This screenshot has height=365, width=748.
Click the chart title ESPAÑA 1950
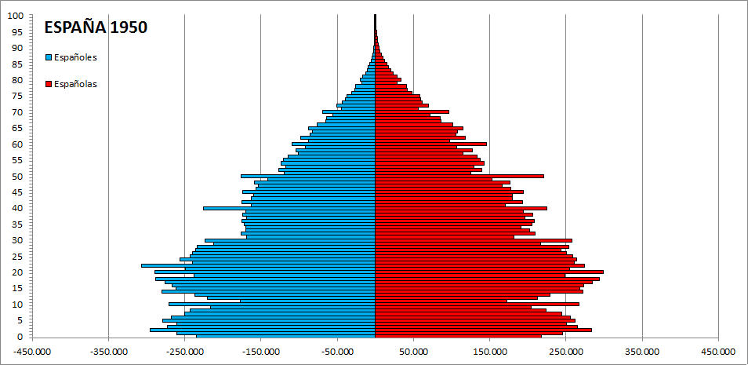click(96, 27)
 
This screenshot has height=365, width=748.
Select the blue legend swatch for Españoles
click(49, 57)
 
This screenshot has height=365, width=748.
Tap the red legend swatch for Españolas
click(49, 84)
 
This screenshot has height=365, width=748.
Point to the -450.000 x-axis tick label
click(31, 352)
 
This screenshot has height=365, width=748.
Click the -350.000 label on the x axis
click(108, 352)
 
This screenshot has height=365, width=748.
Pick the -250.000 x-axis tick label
click(184, 352)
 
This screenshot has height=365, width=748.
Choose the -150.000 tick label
click(261, 352)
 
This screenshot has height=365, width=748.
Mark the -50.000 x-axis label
click(337, 352)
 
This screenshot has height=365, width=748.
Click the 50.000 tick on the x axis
click(413, 352)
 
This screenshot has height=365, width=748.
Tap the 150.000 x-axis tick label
click(489, 352)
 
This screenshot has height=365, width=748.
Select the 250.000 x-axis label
click(565, 352)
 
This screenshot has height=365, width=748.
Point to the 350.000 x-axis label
click(641, 352)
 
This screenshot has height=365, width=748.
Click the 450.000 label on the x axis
click(717, 352)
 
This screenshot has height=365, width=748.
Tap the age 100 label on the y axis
click(16, 16)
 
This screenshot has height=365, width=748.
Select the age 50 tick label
click(16, 177)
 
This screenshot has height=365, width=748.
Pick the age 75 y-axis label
click(16, 96)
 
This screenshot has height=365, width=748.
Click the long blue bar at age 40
click(290, 208)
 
